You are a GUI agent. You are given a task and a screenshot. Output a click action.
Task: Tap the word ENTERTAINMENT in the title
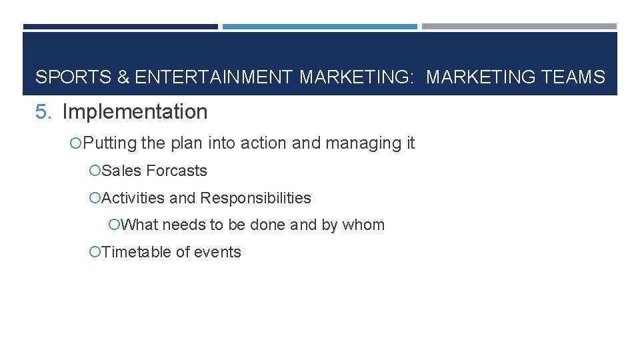coord(213,77)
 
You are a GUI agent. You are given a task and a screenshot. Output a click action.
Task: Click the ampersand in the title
coord(123,77)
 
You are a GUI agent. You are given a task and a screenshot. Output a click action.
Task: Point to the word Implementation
coord(135,112)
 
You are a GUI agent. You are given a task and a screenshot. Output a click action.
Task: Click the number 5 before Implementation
coord(43,112)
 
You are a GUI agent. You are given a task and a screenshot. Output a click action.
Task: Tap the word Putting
coord(110,143)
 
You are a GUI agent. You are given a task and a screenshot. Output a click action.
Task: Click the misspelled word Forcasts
coord(177,171)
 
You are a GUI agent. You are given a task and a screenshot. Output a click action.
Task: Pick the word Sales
coord(122,171)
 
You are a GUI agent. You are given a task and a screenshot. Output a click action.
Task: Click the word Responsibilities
coord(255,198)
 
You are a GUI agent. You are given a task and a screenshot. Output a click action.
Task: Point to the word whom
coord(363,225)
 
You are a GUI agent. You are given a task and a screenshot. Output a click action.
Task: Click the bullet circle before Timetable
coord(95,252)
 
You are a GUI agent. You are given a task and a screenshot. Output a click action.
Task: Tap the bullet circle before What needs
coord(114,225)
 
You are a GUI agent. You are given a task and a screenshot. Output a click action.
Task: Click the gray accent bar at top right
coord(519,27)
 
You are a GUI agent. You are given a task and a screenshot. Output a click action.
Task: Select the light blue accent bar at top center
coord(319,27)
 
